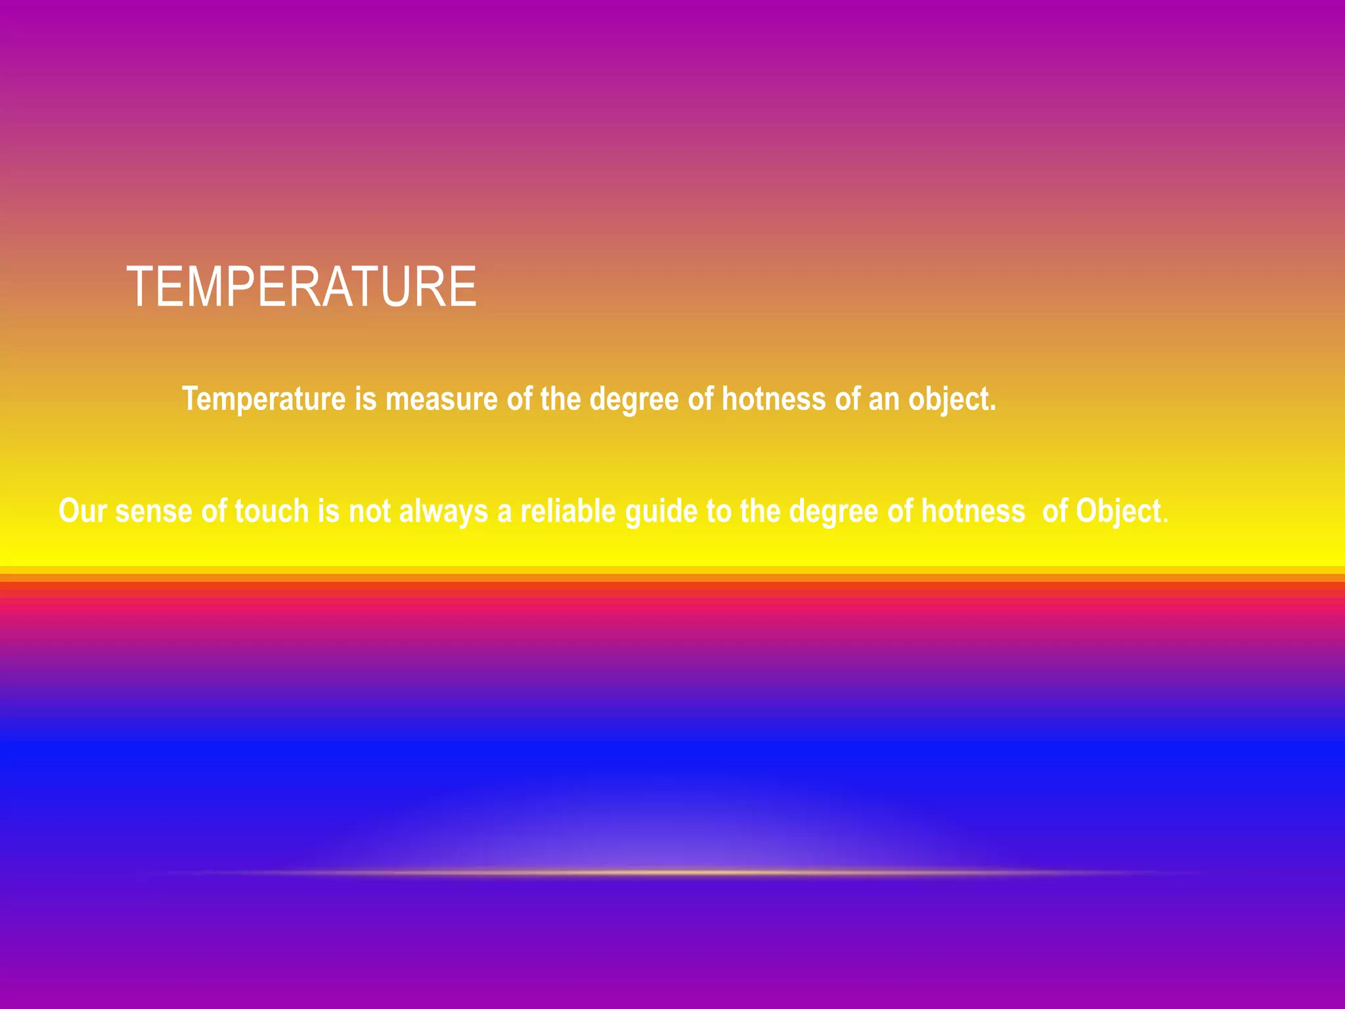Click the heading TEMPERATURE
tap(301, 287)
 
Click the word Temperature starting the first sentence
tap(263, 399)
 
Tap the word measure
tap(441, 399)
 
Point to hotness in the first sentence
tap(774, 399)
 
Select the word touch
tap(271, 511)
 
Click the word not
tap(369, 511)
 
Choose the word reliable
tap(568, 511)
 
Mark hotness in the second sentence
tap(973, 511)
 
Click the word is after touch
tap(328, 511)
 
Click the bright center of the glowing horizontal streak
tap(670, 872)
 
